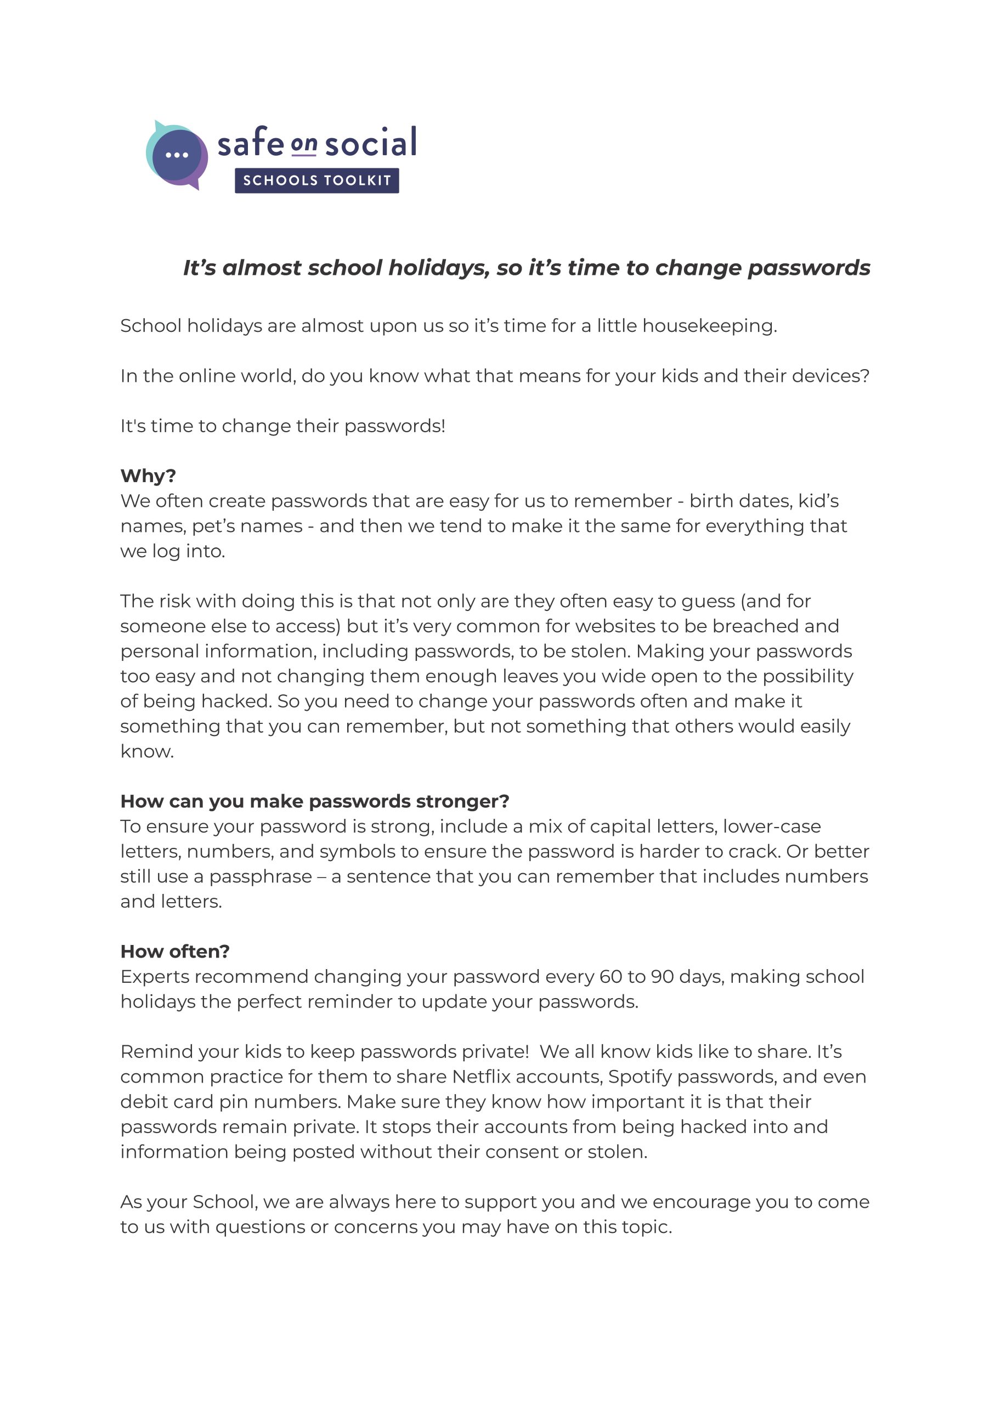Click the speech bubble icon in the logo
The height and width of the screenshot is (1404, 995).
177,155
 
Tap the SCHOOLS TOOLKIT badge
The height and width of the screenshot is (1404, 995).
316,180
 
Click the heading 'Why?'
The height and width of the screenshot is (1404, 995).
148,475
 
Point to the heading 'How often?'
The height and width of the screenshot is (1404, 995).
174,952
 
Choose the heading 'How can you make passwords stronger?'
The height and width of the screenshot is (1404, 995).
314,801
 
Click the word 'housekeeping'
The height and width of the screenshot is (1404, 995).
708,326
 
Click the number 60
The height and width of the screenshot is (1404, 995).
610,976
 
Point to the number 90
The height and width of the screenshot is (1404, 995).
662,976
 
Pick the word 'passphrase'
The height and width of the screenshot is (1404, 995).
261,876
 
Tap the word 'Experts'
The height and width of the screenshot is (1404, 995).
154,976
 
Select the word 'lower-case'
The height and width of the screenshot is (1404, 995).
771,826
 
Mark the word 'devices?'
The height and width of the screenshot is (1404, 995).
830,376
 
